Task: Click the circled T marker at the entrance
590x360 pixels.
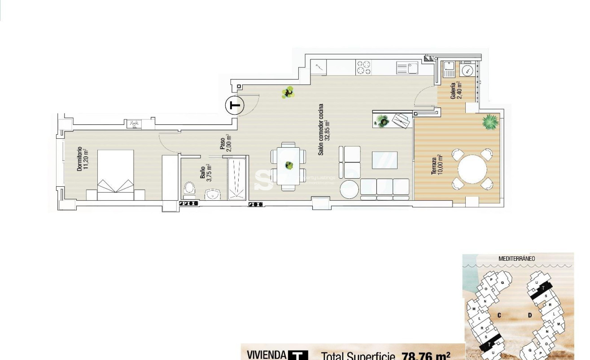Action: [x=233, y=105]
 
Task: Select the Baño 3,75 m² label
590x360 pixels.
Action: [x=205, y=171]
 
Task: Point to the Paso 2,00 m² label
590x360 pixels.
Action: [x=225, y=143]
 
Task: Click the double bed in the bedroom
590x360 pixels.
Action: [x=115, y=175]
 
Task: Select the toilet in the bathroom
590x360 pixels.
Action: [x=190, y=189]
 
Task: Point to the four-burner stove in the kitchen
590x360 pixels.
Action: [x=363, y=67]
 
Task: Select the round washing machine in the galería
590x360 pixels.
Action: [x=468, y=70]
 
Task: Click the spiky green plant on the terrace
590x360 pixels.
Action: [x=489, y=121]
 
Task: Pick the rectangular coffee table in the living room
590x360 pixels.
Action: [x=385, y=160]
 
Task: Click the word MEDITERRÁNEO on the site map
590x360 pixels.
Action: [x=516, y=259]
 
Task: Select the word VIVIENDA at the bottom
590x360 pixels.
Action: [x=267, y=355]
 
